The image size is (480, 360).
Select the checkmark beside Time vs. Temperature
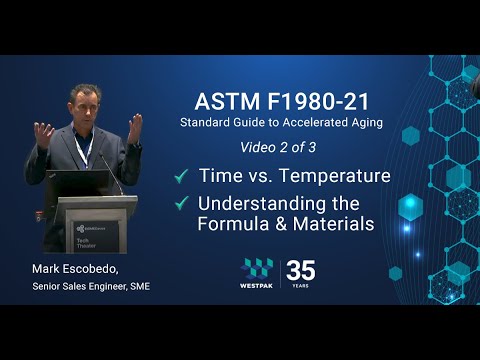pyautogui.click(x=182, y=176)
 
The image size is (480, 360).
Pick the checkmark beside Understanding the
pyautogui.click(x=182, y=203)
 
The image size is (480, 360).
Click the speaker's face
pyautogui.click(x=82, y=103)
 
